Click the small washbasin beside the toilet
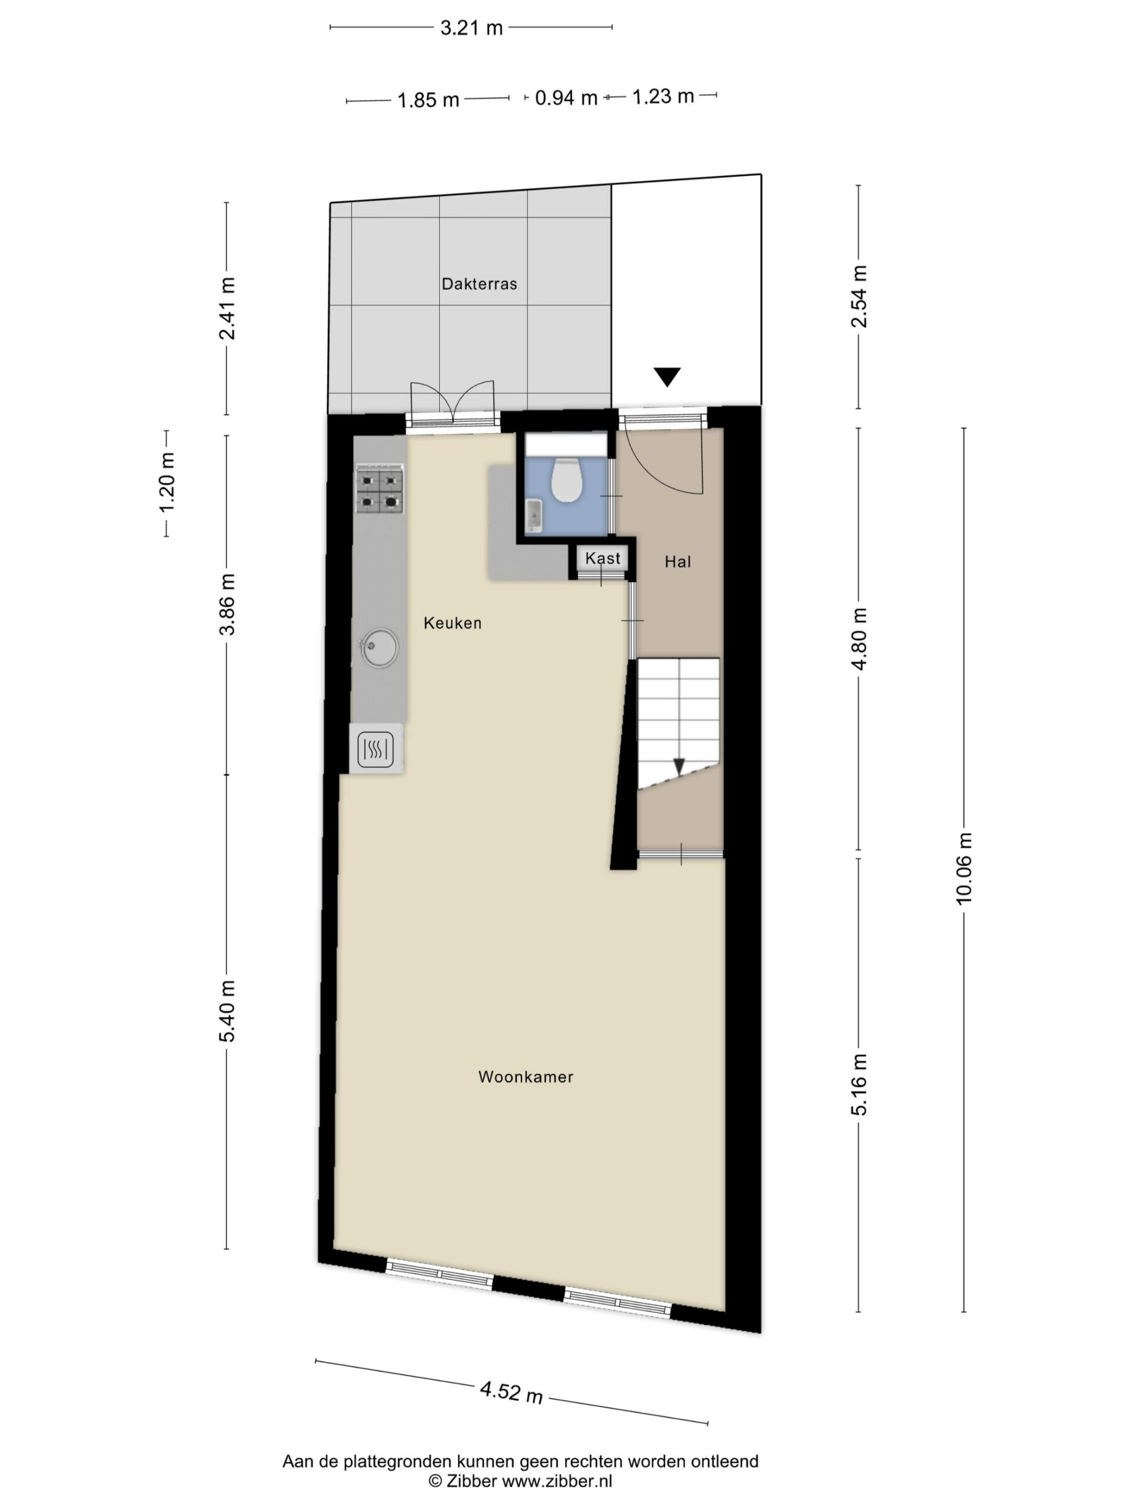(x=533, y=514)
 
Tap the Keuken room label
(x=452, y=623)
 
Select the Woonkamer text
(x=525, y=1077)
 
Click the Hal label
(x=678, y=562)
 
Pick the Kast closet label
(x=603, y=559)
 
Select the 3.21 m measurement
(x=471, y=28)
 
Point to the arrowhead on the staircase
(x=679, y=766)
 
